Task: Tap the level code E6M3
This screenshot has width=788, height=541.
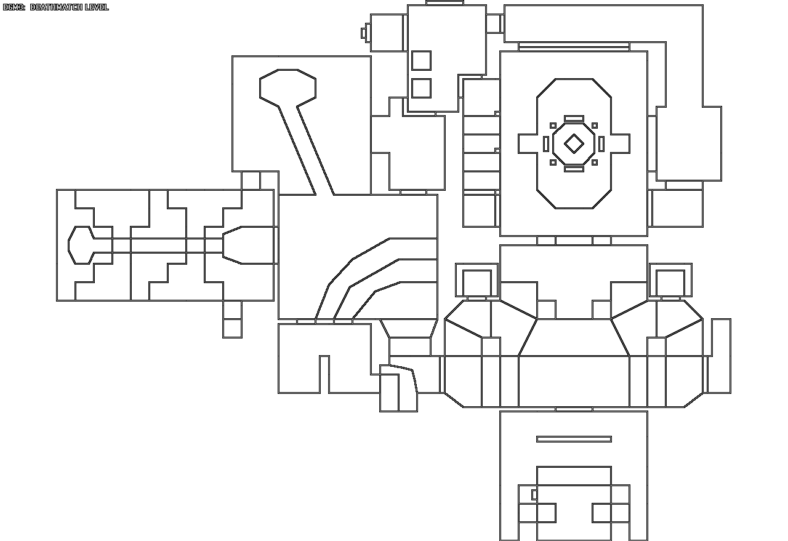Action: coord(14,7)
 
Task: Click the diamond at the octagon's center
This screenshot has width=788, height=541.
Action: coord(574,144)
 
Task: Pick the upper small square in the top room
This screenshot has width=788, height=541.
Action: coord(421,60)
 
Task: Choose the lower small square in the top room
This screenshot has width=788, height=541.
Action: coord(421,87)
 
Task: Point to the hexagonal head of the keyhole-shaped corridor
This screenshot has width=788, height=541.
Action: coord(287,86)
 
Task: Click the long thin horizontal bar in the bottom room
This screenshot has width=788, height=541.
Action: coord(574,439)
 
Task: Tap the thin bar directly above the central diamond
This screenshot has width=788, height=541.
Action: coord(574,118)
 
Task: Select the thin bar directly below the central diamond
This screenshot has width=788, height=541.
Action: coord(574,169)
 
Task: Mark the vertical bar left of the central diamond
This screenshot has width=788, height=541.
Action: coord(546,144)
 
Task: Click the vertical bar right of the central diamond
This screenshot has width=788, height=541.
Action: coord(601,144)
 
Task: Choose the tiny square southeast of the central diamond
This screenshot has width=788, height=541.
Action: coord(595,162)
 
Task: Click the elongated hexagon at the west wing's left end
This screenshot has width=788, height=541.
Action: coord(80,245)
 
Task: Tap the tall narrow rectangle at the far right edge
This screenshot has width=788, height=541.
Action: coord(721,356)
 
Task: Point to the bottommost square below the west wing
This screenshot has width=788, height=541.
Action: coord(232,328)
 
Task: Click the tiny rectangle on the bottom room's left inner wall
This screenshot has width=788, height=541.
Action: coord(534,494)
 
